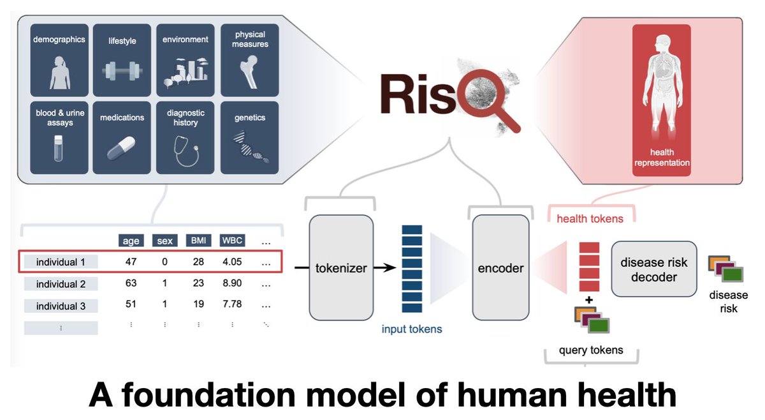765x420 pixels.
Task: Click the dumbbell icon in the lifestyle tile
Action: click(x=122, y=71)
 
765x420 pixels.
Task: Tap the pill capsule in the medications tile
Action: click(x=121, y=147)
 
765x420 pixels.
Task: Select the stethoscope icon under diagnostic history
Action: click(x=186, y=151)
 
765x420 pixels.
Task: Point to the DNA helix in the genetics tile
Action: click(x=251, y=147)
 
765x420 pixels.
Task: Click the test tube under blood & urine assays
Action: click(x=59, y=148)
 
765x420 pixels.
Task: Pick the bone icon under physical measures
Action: click(x=249, y=72)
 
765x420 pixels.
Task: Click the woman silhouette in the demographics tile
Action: click(x=60, y=73)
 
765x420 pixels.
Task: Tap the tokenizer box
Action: click(x=341, y=267)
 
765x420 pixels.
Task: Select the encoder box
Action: click(x=500, y=267)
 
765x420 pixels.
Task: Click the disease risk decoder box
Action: click(x=654, y=269)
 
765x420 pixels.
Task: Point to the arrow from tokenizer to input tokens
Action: click(x=385, y=267)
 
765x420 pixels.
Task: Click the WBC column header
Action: click(x=232, y=241)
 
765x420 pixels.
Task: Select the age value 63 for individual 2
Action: click(x=131, y=283)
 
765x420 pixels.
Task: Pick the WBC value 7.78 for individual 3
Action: click(x=232, y=304)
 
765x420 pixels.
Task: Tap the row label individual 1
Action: click(x=61, y=262)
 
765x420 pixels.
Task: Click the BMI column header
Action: click(x=198, y=241)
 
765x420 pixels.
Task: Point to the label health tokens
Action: click(x=590, y=218)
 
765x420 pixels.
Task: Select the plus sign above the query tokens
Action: click(x=589, y=300)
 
